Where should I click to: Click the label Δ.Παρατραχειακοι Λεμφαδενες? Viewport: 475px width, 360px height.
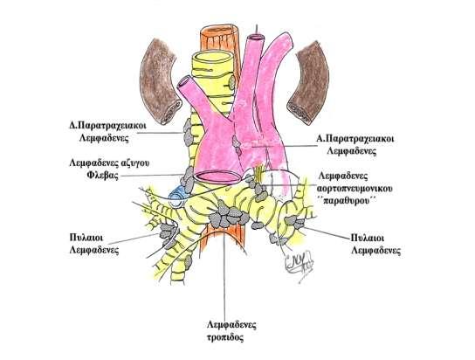tap(107, 132)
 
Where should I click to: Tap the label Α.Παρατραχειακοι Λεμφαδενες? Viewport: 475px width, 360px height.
tap(355, 145)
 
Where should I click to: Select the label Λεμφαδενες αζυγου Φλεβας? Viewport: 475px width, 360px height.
tap(109, 170)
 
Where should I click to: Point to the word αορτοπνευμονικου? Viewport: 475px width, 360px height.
tap(355, 188)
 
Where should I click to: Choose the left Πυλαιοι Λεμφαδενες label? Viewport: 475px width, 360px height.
tap(94, 244)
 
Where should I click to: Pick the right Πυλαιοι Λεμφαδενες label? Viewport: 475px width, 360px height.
tap(375, 244)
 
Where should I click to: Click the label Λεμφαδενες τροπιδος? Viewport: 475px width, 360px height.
tap(231, 331)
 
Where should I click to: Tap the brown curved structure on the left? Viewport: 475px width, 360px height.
tap(161, 81)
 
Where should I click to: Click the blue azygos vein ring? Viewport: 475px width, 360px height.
tap(177, 197)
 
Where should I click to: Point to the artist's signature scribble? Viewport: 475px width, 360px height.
tap(299, 262)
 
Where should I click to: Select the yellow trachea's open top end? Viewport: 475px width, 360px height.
tap(213, 59)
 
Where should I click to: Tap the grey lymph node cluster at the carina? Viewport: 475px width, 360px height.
tap(229, 215)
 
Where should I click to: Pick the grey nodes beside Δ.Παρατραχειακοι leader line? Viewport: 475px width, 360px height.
tap(188, 132)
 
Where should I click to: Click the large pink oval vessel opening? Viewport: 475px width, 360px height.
tap(217, 177)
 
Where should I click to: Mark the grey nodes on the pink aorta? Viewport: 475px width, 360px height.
tap(237, 144)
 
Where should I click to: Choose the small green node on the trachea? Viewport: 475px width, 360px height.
tap(231, 82)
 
